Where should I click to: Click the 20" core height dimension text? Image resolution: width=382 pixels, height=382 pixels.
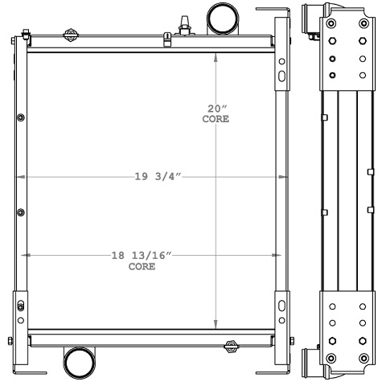[215, 108]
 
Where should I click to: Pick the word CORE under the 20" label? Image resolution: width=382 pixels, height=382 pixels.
[216, 119]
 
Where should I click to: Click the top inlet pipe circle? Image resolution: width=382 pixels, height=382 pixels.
[224, 15]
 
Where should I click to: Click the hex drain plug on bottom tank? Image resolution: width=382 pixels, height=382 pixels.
[231, 347]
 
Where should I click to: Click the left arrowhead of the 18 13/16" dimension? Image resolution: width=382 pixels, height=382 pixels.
[31, 256]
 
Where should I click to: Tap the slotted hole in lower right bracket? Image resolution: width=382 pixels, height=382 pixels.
[281, 306]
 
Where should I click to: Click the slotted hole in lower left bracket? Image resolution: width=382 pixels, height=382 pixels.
[20, 306]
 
